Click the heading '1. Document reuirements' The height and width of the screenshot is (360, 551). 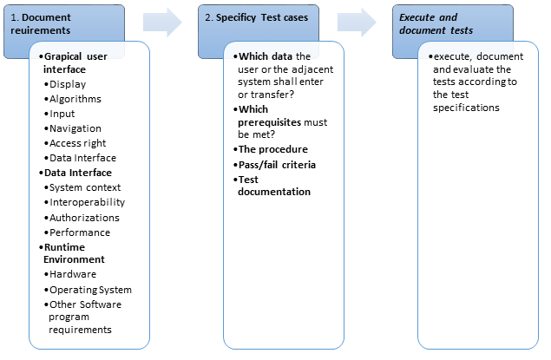pos(41,24)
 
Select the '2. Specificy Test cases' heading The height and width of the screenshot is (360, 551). pos(257,17)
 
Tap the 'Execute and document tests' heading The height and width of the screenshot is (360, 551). pos(436,24)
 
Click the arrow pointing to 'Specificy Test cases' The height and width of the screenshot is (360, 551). pos(162,23)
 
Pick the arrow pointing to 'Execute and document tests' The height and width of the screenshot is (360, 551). pos(357,23)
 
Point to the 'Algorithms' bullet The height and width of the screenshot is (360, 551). pos(73,99)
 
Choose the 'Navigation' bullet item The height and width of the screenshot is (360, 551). pos(73,128)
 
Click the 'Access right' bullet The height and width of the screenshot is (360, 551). pos(75,143)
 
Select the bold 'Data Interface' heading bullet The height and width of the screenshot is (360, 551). pos(75,173)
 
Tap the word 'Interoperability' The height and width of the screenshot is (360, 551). pos(88,202)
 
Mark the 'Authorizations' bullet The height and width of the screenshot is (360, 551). pos(82,218)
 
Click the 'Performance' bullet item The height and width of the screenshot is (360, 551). pos(77,232)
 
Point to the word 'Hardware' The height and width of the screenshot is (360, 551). pos(73,274)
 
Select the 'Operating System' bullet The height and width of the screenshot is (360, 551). pos(88,290)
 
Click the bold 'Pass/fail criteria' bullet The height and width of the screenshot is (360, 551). pos(274,165)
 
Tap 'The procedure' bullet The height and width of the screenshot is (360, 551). pos(271,149)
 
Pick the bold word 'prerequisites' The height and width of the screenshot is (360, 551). pos(270,122)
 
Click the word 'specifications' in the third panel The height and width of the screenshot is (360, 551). pos(466,108)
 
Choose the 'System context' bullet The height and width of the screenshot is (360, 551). pos(82,187)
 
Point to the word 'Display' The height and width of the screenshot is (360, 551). pos(68,84)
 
